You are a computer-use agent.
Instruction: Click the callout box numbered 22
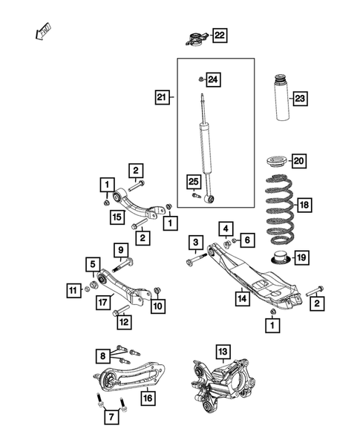click(x=220, y=35)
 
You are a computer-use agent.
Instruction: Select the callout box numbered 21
click(x=163, y=96)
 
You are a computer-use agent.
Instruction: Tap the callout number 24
click(x=213, y=79)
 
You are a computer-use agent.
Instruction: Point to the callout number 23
click(x=300, y=97)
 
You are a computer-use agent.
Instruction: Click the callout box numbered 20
click(x=299, y=161)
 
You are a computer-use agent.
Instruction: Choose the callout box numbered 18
click(x=304, y=205)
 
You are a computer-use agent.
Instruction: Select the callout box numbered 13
click(x=222, y=351)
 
